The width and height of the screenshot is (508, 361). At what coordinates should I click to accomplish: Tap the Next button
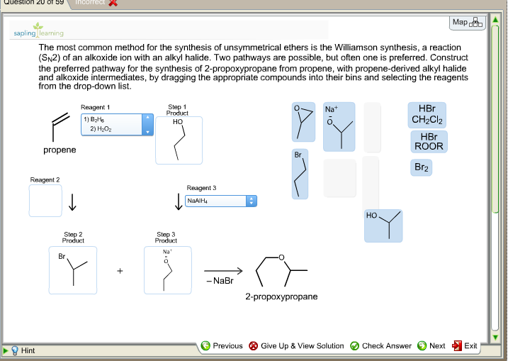coord(431,346)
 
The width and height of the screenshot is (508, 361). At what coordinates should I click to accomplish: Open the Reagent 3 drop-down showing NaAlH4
coord(220,201)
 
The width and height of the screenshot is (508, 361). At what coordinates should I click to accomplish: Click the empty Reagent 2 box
coord(45,201)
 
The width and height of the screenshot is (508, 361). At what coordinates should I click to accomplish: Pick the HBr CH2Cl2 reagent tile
coord(427,115)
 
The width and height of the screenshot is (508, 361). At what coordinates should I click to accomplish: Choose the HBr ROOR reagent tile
coord(427,141)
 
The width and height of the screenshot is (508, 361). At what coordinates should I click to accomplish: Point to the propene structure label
coord(60,150)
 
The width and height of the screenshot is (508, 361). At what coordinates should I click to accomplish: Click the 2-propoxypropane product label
coord(281,296)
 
